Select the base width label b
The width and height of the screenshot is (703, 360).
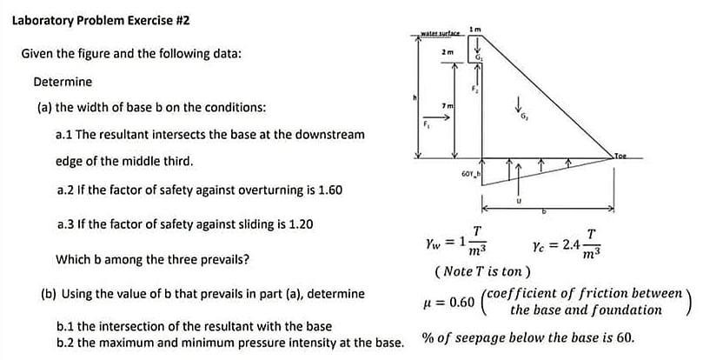[x=544, y=211]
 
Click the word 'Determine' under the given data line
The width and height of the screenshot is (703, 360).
[x=62, y=82]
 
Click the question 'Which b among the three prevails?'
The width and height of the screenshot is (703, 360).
[x=153, y=259]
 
